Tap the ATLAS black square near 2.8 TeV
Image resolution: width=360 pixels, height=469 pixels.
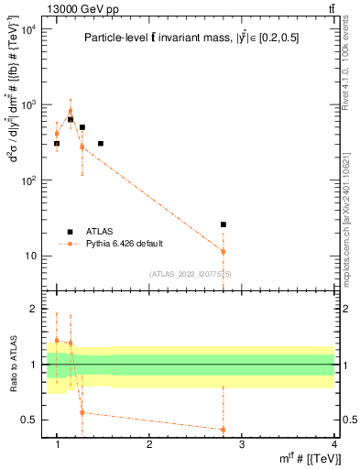[x=224, y=224]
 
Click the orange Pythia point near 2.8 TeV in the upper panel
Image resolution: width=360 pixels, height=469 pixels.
[x=224, y=251]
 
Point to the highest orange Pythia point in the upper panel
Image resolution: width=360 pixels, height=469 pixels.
[x=71, y=112]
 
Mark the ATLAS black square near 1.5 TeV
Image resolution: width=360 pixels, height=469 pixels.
[x=101, y=144]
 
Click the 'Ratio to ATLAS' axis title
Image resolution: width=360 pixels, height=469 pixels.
[x=13, y=364]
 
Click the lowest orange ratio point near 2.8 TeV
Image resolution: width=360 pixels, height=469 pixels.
[x=224, y=430]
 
